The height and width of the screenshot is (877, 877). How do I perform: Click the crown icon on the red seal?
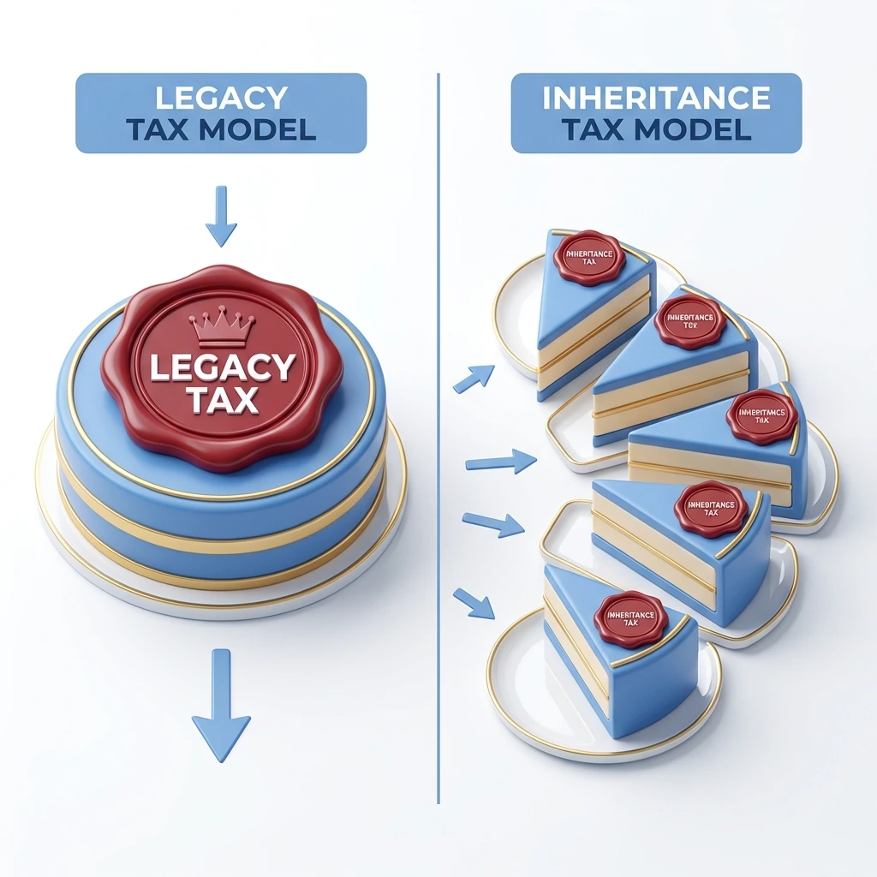click(222, 326)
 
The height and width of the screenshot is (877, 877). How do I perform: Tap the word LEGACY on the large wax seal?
click(222, 368)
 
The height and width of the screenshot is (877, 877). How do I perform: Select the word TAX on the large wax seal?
click(222, 401)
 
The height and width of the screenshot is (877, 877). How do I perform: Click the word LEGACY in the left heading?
click(221, 98)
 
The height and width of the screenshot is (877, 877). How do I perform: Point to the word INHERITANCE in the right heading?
click(656, 98)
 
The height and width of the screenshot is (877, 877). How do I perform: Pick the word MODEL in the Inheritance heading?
click(705, 129)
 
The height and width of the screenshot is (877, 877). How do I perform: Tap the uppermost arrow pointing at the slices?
click(474, 378)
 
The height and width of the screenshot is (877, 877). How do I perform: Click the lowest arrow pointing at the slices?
click(474, 604)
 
